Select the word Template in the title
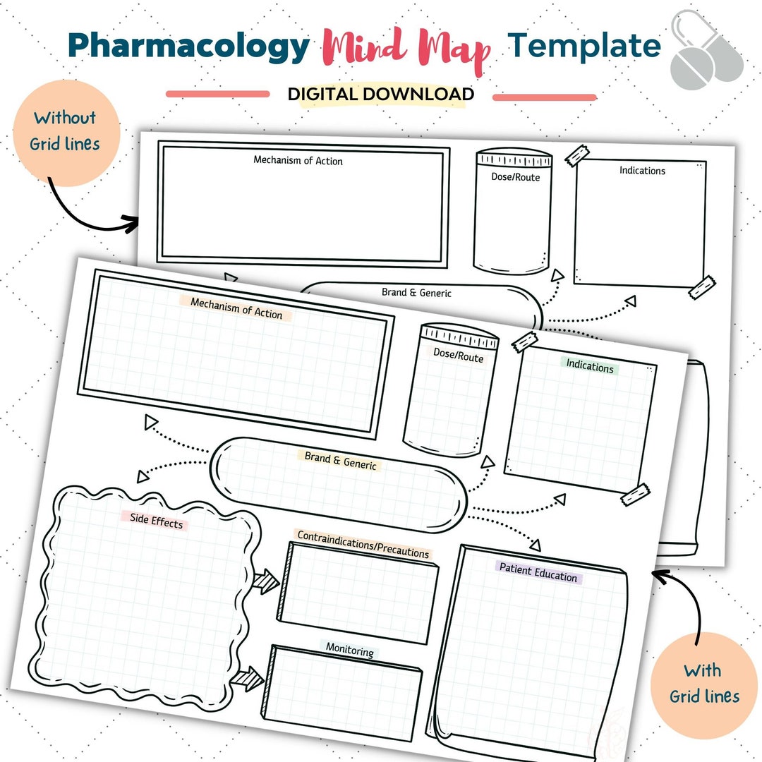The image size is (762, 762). [x=584, y=45]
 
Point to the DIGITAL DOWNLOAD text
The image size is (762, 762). [x=380, y=95]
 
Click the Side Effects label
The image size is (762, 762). [x=156, y=521]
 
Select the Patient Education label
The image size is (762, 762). [x=538, y=571]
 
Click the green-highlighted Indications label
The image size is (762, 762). [x=590, y=366]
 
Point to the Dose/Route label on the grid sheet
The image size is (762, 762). [x=458, y=356]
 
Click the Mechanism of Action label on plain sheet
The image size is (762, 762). [x=298, y=161]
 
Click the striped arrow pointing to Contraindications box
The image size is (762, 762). [x=266, y=581]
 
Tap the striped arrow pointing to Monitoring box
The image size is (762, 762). [x=248, y=679]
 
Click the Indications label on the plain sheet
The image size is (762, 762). [x=642, y=170]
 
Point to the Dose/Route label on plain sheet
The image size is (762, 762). [x=515, y=177]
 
